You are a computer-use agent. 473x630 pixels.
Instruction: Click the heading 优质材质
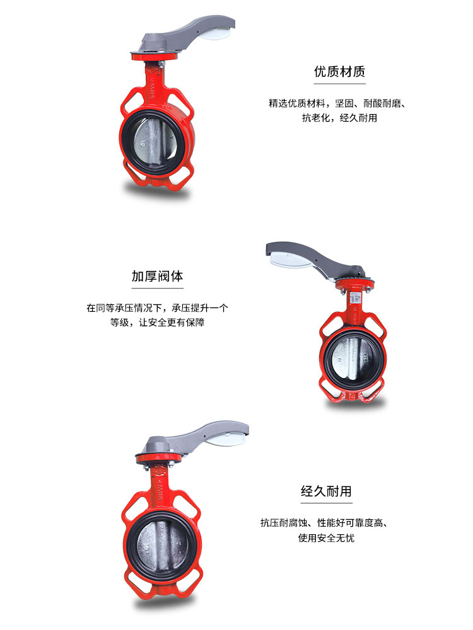pyautogui.click(x=339, y=71)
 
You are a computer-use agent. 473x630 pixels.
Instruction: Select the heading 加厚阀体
pyautogui.click(x=158, y=276)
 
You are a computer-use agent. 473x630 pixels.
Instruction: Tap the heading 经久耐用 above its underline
pyautogui.click(x=325, y=491)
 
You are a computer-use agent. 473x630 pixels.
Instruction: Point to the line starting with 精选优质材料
pyautogui.click(x=336, y=103)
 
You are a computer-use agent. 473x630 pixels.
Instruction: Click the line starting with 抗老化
pyautogui.click(x=339, y=118)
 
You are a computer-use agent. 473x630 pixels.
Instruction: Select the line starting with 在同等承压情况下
pyautogui.click(x=158, y=308)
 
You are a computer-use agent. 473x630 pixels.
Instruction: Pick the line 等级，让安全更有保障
pyautogui.click(x=158, y=323)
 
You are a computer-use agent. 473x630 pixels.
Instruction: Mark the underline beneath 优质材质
pyautogui.click(x=339, y=84)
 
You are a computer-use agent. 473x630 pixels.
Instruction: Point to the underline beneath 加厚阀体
pyautogui.click(x=158, y=289)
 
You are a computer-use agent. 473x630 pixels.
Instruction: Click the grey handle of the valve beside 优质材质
pyautogui.click(x=189, y=35)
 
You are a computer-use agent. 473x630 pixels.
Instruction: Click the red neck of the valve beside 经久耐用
pyautogui.click(x=155, y=488)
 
